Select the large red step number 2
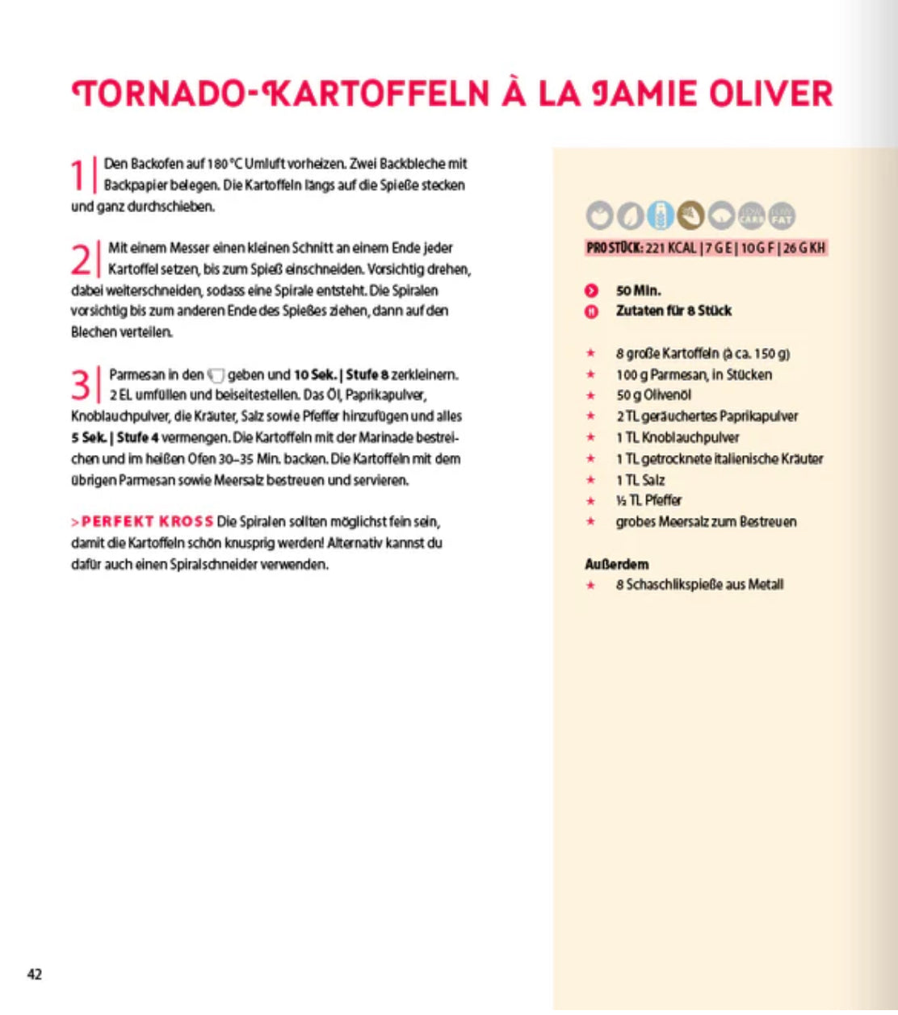(81, 260)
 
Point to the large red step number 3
(81, 385)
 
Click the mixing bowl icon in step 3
(216, 375)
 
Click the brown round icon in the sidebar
(690, 215)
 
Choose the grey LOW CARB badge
(752, 216)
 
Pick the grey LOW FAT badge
(782, 216)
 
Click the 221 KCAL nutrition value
(671, 248)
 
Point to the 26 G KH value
(804, 248)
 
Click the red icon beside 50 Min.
(591, 290)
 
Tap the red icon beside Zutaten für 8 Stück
(591, 311)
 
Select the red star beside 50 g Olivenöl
(591, 395)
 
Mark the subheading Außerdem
(616, 564)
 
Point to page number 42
(35, 974)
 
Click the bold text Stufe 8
(367, 375)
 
